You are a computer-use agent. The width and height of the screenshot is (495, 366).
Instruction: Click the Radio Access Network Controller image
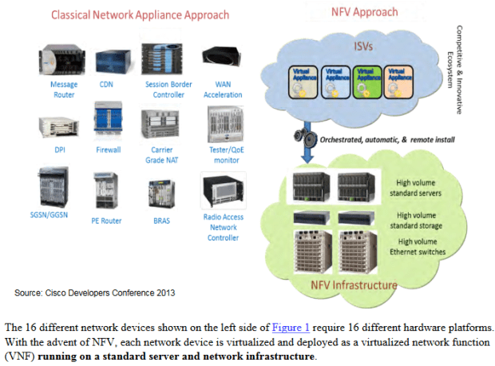223,193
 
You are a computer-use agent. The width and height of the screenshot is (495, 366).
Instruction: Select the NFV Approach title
366,13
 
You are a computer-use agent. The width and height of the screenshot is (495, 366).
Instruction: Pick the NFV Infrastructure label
354,284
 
